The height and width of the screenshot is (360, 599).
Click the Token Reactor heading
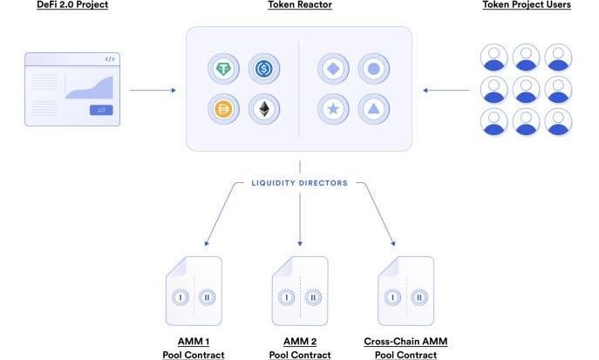299,5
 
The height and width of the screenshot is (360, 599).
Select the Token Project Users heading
526,5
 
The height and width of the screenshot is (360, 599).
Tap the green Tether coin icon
224,68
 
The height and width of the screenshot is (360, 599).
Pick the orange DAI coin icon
224,109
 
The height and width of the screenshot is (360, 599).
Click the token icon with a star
333,109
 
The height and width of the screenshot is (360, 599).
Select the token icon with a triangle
372,109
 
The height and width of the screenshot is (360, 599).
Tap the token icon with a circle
372,68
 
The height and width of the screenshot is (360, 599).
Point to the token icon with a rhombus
333,68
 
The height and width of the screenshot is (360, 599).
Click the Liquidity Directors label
299,183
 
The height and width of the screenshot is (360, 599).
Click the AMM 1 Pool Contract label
193,348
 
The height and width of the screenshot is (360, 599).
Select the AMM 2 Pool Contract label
299,348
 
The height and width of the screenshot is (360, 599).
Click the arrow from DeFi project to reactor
152,90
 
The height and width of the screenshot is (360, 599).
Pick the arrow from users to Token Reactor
446,90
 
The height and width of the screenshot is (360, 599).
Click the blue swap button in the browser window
101,110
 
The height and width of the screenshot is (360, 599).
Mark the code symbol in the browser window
109,59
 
